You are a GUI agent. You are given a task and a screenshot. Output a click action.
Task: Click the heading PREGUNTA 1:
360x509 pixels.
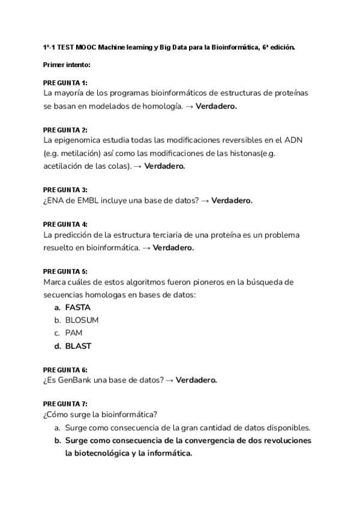click(65, 82)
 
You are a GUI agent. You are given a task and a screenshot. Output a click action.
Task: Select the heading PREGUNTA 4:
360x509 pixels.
click(65, 224)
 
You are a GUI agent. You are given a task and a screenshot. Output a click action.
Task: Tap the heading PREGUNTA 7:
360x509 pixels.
click(65, 404)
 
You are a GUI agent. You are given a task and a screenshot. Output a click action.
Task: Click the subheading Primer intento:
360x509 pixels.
click(67, 64)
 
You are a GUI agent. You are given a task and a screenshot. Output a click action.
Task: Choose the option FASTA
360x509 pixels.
click(77, 307)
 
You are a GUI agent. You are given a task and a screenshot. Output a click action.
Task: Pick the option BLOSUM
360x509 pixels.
click(82, 320)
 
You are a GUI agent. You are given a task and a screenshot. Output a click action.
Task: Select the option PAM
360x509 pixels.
click(74, 333)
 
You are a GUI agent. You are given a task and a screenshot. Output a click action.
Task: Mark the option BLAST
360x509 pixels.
click(78, 346)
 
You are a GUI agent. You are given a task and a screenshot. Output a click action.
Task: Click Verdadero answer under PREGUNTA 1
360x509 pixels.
click(217, 106)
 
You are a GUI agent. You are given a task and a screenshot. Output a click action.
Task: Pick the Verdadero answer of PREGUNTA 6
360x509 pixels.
click(196, 380)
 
